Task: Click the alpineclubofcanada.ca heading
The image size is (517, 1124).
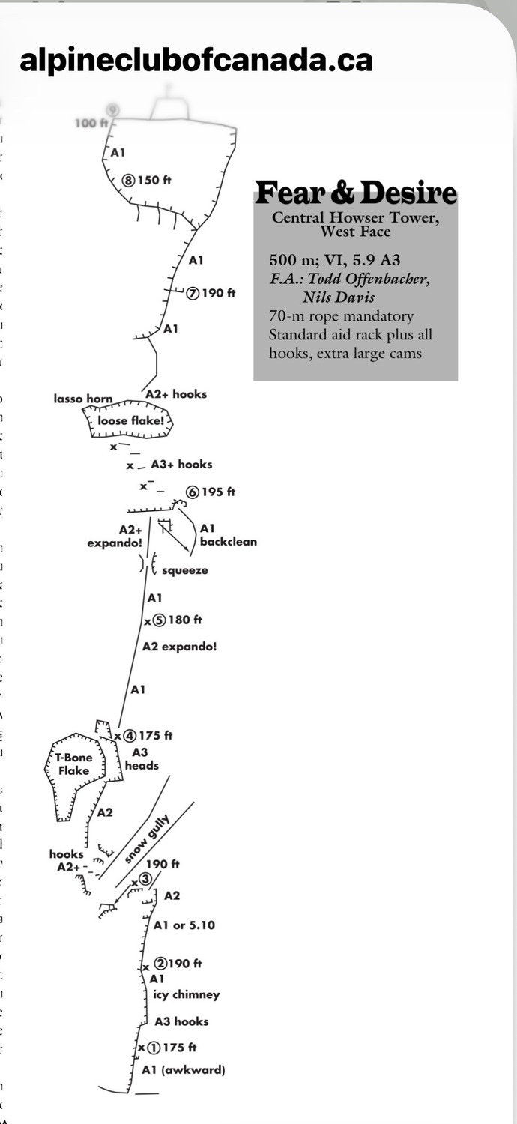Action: pyautogui.click(x=196, y=61)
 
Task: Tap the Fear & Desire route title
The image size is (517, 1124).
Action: pyautogui.click(x=356, y=193)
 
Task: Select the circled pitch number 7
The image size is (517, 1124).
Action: pyautogui.click(x=193, y=294)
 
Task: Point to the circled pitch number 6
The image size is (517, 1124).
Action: pyautogui.click(x=193, y=492)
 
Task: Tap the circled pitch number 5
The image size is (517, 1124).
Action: pyautogui.click(x=159, y=620)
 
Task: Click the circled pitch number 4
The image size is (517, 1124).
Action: pyautogui.click(x=130, y=736)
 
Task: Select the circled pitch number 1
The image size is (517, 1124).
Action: pyautogui.click(x=154, y=1048)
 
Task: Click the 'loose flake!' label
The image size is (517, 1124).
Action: pyautogui.click(x=130, y=420)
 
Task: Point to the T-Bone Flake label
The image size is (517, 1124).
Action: pyautogui.click(x=73, y=764)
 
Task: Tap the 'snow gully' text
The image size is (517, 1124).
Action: pyautogui.click(x=147, y=839)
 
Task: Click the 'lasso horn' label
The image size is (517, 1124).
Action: pyautogui.click(x=83, y=399)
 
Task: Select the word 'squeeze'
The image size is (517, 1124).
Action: pyautogui.click(x=185, y=570)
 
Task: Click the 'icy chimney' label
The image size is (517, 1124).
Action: pyautogui.click(x=187, y=994)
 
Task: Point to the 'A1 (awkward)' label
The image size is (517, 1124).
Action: pyautogui.click(x=184, y=1070)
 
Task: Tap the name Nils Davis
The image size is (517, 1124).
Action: pyautogui.click(x=339, y=297)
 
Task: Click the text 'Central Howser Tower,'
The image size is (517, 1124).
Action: pyautogui.click(x=355, y=218)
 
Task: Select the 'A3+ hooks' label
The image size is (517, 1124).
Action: pyautogui.click(x=181, y=465)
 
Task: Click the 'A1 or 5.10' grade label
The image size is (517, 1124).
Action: pyautogui.click(x=184, y=925)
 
